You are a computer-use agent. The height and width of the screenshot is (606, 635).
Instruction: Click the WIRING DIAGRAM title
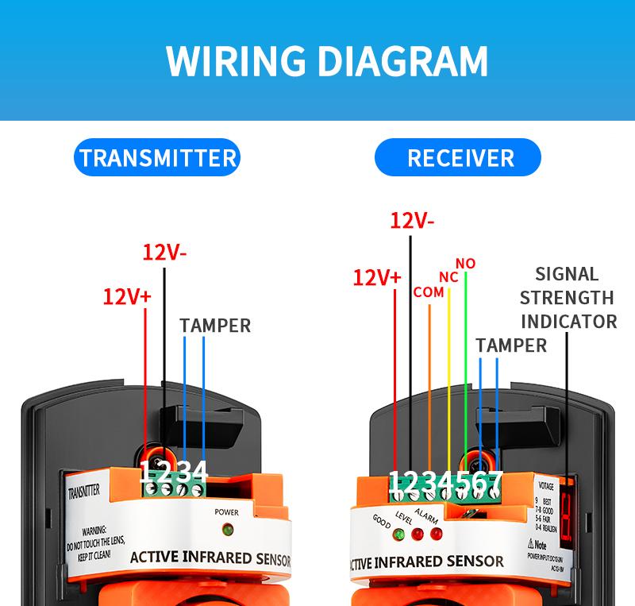pos(326,60)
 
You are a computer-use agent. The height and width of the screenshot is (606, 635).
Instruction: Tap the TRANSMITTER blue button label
pos(158,157)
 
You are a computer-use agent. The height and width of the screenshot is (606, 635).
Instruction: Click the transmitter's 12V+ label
pos(126,297)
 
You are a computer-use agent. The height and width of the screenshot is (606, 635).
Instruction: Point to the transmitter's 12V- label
pos(164,253)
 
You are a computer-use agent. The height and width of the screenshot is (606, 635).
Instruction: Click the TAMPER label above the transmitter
pos(214,326)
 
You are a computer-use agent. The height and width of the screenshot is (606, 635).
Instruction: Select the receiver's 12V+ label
pos(377,278)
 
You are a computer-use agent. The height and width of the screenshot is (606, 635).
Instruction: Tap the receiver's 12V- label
pos(413,221)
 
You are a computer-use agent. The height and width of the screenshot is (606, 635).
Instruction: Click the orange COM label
pos(429,292)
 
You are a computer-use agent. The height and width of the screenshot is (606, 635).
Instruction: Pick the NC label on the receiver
pos(449,277)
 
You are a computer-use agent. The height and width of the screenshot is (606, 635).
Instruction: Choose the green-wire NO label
pos(465,263)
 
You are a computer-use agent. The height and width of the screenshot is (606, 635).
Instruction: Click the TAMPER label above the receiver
pos(511,345)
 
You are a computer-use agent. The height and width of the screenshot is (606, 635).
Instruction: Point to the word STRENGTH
pos(567,298)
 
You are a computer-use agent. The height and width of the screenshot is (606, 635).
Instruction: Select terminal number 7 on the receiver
pos(496,480)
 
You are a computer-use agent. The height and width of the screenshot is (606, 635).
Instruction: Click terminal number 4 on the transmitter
pos(199,472)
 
